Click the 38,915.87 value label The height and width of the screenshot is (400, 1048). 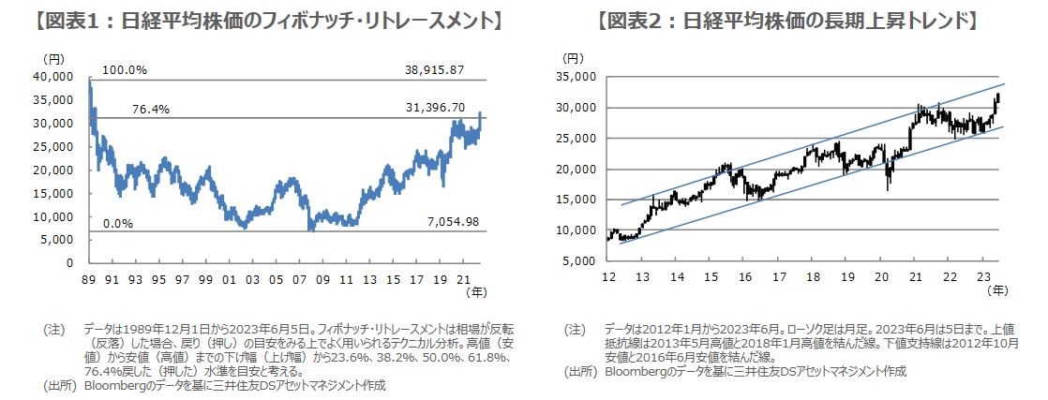431,70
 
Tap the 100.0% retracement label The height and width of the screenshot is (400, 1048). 125,70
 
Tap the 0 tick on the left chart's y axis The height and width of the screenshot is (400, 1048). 74,263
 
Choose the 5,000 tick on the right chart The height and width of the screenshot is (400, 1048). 580,260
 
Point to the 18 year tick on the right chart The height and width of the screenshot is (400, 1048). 814,277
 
